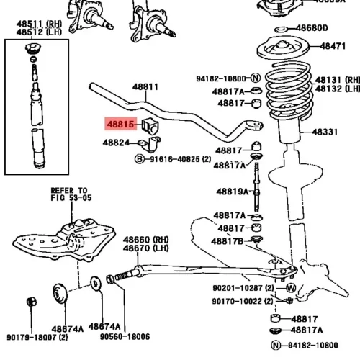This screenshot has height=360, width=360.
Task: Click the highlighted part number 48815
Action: tap(120, 124)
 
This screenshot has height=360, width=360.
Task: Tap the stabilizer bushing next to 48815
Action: tap(150, 126)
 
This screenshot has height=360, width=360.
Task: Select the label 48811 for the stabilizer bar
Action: tap(145, 87)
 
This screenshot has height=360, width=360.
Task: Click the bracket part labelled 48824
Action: tap(150, 144)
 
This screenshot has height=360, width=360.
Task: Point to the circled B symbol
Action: tap(140, 159)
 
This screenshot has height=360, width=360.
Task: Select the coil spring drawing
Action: tap(289, 90)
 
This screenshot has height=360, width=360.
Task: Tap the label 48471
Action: tap(333, 46)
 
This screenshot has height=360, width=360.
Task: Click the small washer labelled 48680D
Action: tap(281, 30)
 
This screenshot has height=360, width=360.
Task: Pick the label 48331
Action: tap(325, 132)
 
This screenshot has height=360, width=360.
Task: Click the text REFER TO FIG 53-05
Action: tap(71, 194)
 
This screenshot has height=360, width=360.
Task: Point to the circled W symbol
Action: tap(291, 288)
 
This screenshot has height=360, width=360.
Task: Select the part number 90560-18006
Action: tap(125, 336)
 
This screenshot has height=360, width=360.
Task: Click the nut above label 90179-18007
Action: tap(32, 302)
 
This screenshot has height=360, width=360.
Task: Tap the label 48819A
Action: tap(233, 192)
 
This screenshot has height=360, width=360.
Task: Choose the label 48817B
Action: tap(228, 241)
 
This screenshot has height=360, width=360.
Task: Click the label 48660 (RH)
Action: tap(146, 240)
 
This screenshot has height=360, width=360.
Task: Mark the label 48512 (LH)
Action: tap(39, 32)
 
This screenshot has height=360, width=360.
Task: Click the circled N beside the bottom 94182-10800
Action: tap(276, 346)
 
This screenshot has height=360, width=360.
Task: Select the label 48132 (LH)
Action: tap(338, 89)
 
